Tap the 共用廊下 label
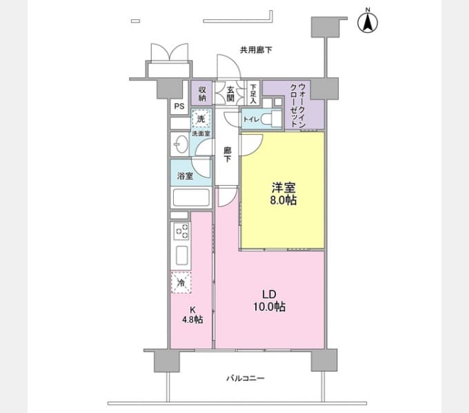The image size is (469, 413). pos(256,50)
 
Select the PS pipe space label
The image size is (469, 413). pos(179,106)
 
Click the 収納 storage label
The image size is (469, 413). pos(202,94)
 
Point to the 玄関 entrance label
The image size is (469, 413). pos(230,94)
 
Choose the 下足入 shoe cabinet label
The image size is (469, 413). pos(253,94)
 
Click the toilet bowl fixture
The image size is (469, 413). pos(271,119)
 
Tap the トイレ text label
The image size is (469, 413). pos(251,119)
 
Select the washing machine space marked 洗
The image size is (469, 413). pos(201,118)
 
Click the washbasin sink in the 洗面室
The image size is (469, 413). pos(181,144)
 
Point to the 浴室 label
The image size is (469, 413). pos(185,176)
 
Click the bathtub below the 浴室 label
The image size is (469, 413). pos(191,198)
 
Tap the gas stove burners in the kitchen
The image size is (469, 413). pos(182,231)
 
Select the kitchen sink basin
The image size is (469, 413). pos(182,255)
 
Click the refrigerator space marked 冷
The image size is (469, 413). pos(181,282)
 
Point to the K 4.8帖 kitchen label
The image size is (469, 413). pos(192,315)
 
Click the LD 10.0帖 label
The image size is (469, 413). pos(269,301)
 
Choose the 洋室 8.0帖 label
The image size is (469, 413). pos(283,194)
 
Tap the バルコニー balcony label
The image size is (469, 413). pos(246,379)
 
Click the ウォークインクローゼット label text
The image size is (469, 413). pos(298,105)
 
